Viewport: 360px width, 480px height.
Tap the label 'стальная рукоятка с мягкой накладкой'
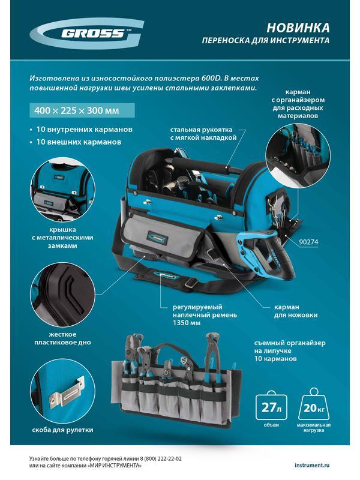203,133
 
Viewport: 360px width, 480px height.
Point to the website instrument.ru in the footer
312,465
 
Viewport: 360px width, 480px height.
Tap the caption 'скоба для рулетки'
62,430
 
